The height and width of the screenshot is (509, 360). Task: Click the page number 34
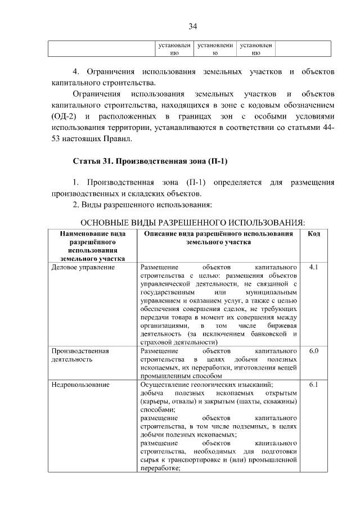click(x=192, y=26)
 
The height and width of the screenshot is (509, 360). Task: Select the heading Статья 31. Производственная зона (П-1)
click(x=150, y=161)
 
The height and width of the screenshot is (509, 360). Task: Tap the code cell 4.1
click(x=314, y=267)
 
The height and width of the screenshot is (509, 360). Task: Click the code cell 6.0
click(x=314, y=350)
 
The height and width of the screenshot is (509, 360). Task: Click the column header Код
click(x=314, y=233)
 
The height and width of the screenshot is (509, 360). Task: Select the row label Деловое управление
click(x=83, y=267)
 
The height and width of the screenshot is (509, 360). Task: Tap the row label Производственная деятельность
click(x=80, y=354)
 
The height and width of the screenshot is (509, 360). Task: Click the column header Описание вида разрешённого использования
click(x=218, y=237)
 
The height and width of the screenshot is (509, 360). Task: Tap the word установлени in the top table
click(x=214, y=44)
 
